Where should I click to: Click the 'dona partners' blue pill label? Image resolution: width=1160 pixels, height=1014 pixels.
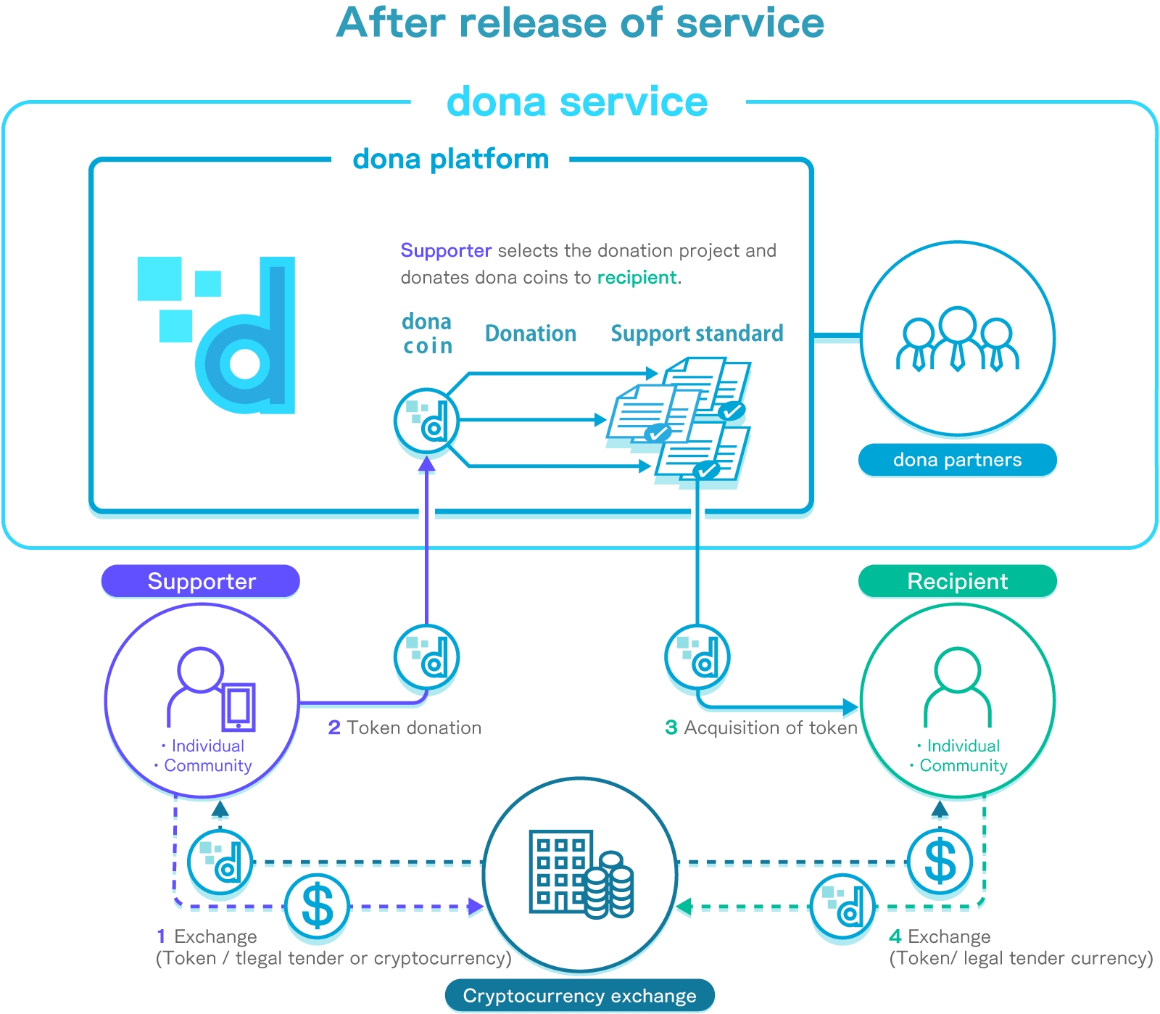coord(957,460)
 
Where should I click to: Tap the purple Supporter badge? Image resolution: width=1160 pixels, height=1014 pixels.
coord(201,581)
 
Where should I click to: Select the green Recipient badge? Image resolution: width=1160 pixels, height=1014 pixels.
coord(957,581)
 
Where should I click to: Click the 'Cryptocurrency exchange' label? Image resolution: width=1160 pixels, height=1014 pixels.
coord(579,996)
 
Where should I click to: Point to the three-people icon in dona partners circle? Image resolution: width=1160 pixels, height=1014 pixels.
coord(957,339)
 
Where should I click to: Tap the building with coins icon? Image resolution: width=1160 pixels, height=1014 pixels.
coord(581,873)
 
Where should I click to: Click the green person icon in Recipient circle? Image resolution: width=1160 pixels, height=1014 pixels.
coord(957,685)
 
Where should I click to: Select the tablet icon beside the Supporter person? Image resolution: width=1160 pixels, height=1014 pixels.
coord(239,706)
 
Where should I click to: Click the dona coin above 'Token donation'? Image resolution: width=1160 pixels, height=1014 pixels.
coord(426,656)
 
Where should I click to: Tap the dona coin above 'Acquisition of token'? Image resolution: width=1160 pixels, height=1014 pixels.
coord(697,656)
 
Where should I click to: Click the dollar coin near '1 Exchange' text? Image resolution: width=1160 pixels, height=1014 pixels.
coord(317,907)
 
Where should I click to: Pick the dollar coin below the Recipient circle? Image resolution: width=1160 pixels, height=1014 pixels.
coord(940,862)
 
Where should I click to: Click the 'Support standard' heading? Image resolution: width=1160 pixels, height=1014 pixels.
coord(697,334)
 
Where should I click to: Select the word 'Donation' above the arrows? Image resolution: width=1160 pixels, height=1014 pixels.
coord(530,334)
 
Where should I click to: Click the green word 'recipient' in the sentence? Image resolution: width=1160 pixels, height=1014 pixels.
coord(637,278)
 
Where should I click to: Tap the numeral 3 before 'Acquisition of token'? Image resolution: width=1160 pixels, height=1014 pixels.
coord(671,727)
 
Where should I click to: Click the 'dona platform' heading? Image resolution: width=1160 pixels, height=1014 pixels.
coord(450,159)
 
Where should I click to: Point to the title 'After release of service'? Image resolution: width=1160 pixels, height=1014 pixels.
coord(580,23)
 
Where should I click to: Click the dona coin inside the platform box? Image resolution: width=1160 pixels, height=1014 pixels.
coord(426,421)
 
